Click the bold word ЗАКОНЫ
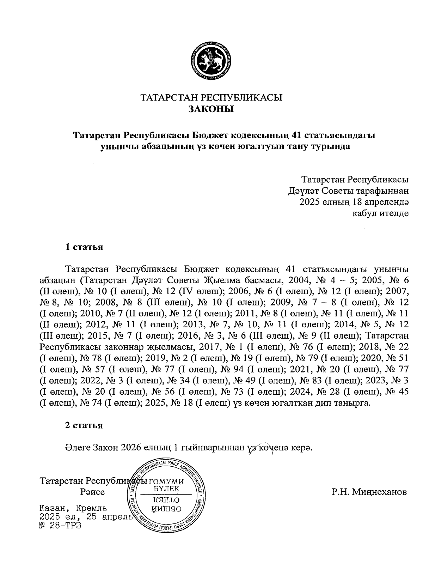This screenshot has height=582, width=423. click(211, 109)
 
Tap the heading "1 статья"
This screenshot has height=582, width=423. click(84, 247)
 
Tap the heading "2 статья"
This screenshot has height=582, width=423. click(84, 425)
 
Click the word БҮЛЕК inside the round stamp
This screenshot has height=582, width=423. click(166, 489)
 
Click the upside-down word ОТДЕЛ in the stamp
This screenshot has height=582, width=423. click(166, 500)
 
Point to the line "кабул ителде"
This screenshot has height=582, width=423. click(380, 213)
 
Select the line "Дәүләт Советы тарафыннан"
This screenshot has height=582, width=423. click(348, 191)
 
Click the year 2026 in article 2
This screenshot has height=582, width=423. click(131, 448)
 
